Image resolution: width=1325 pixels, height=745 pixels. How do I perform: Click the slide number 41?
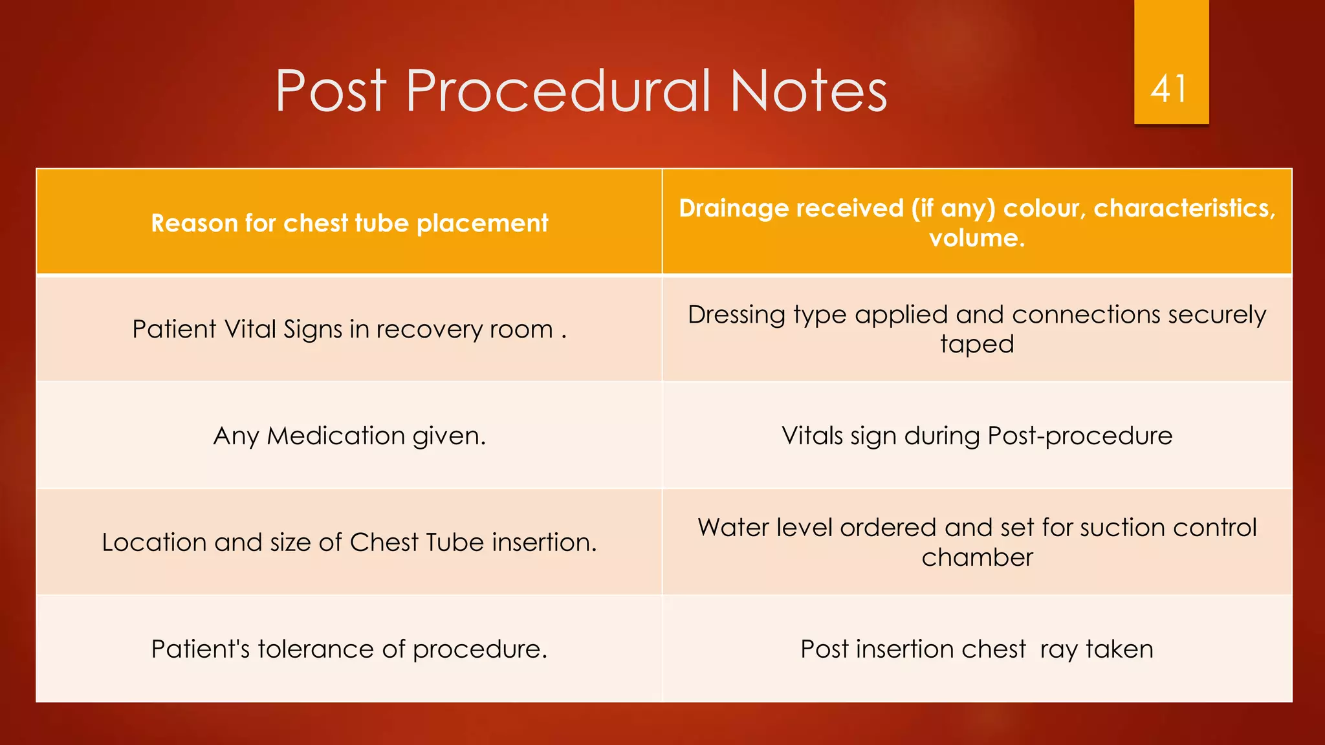1169,89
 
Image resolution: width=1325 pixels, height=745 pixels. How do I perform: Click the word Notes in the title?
809,91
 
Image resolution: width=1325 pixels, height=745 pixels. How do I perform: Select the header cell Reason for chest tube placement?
349,223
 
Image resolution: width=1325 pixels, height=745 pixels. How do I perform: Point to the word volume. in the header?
976,238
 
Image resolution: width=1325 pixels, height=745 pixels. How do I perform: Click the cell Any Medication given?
349,436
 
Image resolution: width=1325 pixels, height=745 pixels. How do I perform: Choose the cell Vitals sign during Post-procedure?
976,436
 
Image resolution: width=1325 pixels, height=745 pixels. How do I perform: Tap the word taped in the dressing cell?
976,344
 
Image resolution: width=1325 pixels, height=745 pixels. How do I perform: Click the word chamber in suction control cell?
976,557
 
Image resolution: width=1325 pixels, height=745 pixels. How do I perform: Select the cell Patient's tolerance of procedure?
349,649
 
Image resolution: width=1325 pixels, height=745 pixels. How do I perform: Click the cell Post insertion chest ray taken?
976,649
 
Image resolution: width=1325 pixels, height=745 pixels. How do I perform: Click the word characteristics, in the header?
1184,208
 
